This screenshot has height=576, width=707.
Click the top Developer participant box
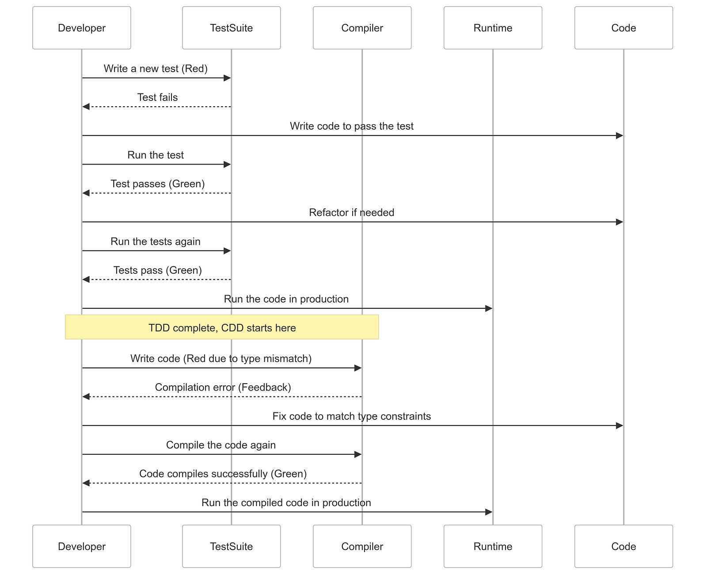pyautogui.click(x=82, y=28)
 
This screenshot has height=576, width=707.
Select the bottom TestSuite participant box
pyautogui.click(x=231, y=546)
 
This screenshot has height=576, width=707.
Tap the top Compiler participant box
pyautogui.click(x=362, y=28)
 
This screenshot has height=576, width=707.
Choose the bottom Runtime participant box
pyautogui.click(x=493, y=546)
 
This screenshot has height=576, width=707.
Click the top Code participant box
pyautogui.click(x=623, y=28)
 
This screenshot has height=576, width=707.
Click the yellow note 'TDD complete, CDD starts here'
pyautogui.click(x=222, y=327)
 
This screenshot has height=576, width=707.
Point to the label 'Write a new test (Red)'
pyautogui.click(x=156, y=69)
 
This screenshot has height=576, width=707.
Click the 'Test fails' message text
pyautogui.click(x=157, y=97)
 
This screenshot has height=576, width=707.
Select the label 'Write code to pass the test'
pyautogui.click(x=351, y=126)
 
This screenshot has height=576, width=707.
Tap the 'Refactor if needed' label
pyautogui.click(x=351, y=212)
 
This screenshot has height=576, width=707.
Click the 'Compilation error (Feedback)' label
pyautogui.click(x=223, y=387)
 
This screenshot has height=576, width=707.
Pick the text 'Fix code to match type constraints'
pyautogui.click(x=351, y=416)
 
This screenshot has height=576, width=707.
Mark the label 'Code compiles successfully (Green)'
pyautogui.click(x=223, y=473)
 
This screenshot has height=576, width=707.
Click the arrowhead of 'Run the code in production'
pyautogui.click(x=489, y=308)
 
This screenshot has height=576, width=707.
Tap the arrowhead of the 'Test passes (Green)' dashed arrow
pyautogui.click(x=86, y=193)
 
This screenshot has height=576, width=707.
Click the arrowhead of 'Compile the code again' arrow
pyautogui.click(x=358, y=454)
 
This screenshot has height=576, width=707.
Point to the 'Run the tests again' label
pyautogui.click(x=156, y=242)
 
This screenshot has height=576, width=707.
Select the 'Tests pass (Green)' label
pyautogui.click(x=157, y=270)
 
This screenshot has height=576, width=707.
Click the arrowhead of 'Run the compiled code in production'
pyautogui.click(x=489, y=512)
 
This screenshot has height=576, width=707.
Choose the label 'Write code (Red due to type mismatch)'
pyautogui.click(x=221, y=358)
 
